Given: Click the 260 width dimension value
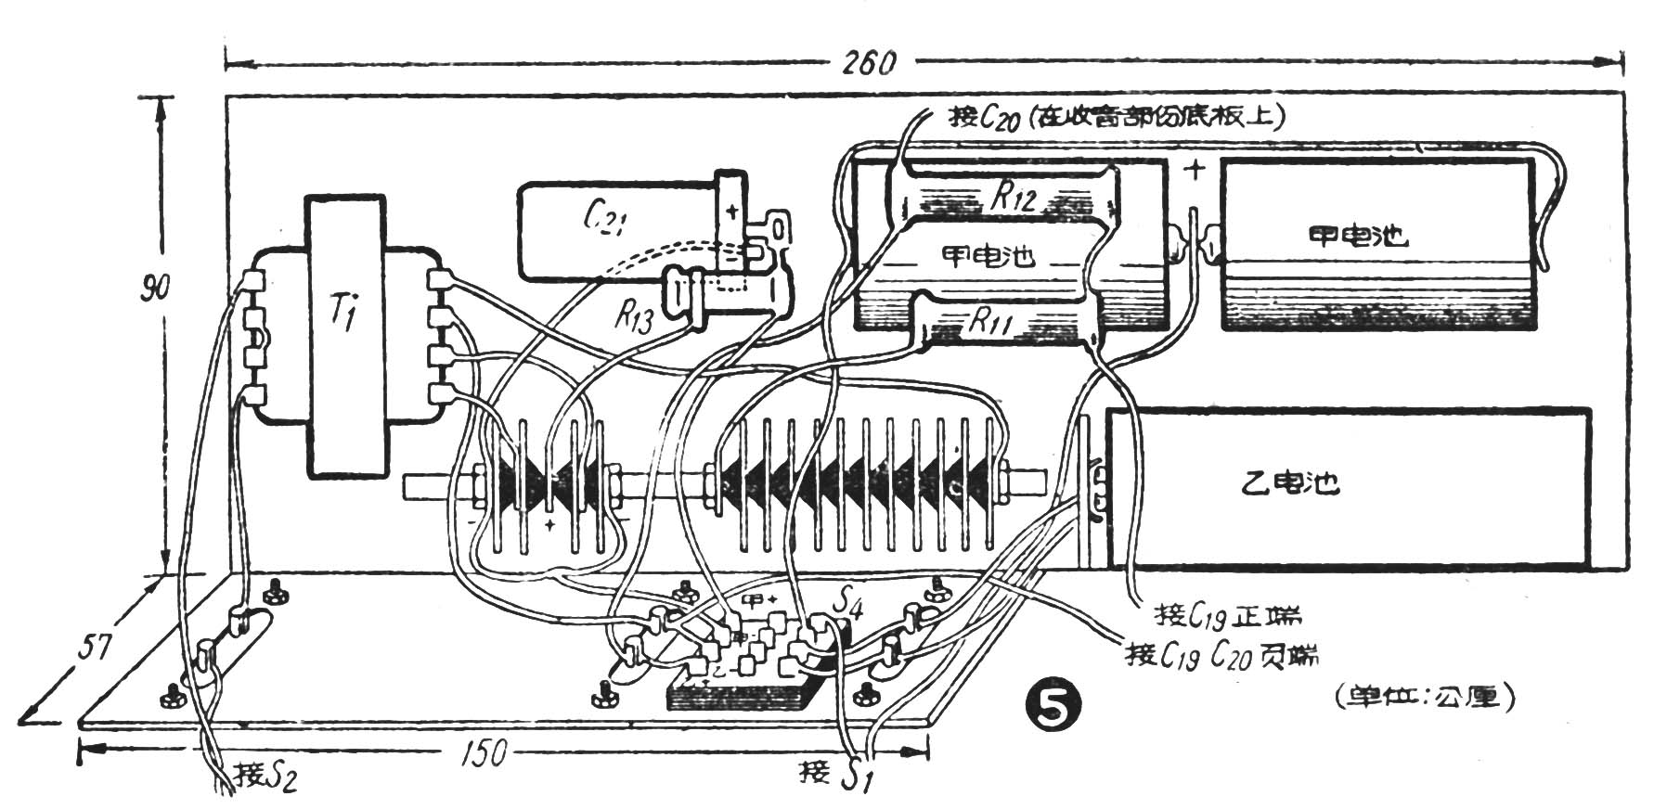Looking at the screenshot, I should pos(870,63).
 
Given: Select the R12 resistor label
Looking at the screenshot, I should pos(1012,196).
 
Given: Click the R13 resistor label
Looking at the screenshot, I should pos(634,318).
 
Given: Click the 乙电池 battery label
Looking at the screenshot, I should pos(1290,483).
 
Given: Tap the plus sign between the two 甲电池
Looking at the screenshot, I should pos(1196,171).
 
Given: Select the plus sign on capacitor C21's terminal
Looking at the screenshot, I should pos(732,212).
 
